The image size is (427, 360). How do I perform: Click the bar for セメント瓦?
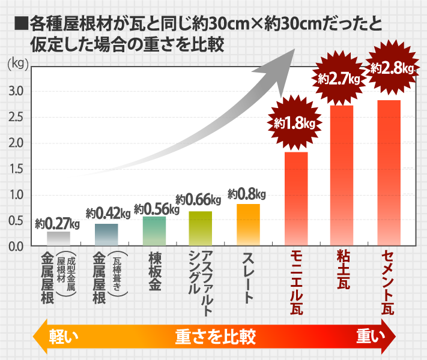[389, 173]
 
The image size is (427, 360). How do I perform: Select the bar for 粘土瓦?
[342, 175]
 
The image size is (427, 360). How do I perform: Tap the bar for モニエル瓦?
[295, 199]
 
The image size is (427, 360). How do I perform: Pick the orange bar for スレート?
[248, 224]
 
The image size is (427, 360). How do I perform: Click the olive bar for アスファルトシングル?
[201, 228]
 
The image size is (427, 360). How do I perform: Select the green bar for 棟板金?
[154, 230]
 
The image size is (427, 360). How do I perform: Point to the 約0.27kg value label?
[58, 224]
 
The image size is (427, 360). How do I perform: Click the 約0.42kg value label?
[108, 213]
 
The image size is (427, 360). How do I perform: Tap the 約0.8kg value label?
[247, 194]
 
